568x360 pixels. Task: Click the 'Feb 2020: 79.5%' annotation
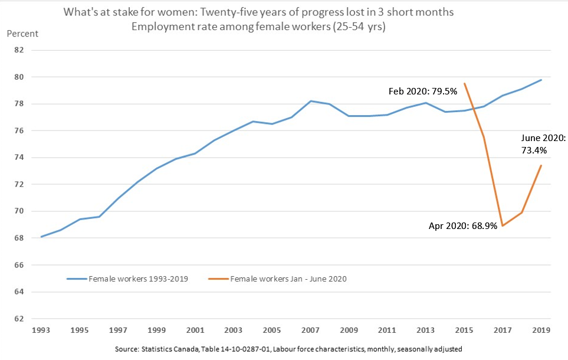(423, 91)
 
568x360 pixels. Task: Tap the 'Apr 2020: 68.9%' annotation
(462, 225)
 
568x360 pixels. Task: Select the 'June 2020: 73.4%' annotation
(543, 144)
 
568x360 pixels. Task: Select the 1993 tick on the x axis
(41, 331)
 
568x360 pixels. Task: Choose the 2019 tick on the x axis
(541, 331)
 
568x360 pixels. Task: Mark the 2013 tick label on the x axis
(425, 331)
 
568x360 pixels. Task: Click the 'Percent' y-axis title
(22, 33)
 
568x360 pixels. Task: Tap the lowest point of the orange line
(503, 225)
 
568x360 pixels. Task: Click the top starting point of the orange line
(465, 83)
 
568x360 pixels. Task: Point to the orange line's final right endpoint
(541, 165)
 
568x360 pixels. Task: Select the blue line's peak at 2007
(311, 101)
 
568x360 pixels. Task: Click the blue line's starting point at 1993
(41, 237)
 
